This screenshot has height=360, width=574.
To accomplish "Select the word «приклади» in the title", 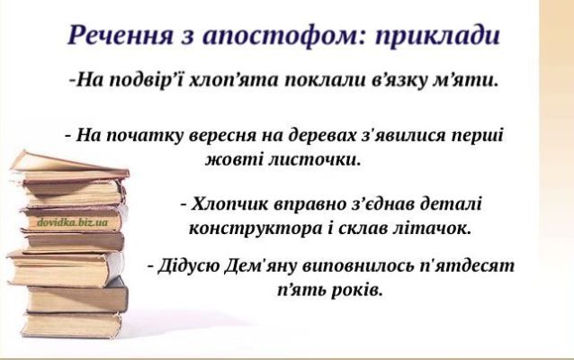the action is pos(437,36).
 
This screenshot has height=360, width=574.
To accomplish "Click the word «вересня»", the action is pos(224,135).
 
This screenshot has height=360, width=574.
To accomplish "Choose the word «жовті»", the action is pos(233,159).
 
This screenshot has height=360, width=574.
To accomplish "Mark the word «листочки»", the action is pos(314,159).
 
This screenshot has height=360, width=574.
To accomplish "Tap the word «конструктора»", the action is pos(256,229).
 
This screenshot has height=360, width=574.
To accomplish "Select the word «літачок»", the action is pos(431,229).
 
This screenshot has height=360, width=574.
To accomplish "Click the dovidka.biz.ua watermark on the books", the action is pos(73,222).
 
